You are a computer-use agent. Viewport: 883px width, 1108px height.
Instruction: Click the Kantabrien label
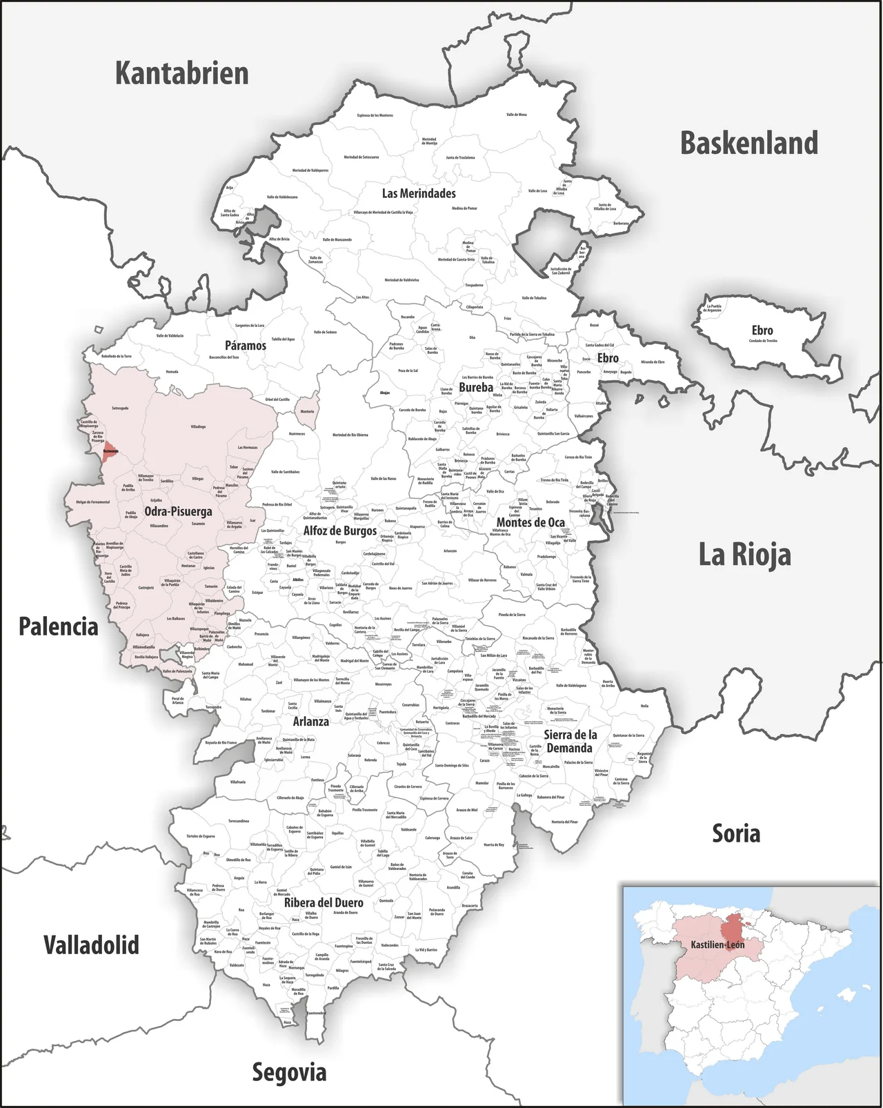pos(181,73)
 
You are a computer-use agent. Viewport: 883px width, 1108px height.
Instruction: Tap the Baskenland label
pos(749,144)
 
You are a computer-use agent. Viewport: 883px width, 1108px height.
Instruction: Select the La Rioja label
pos(744,555)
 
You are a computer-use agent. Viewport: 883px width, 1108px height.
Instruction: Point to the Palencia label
pos(58,626)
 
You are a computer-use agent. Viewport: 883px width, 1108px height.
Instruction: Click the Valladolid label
pos(91,944)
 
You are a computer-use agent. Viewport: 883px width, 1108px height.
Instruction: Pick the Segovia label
pos(289,1071)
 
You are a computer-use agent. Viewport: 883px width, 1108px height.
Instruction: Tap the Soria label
pos(736,833)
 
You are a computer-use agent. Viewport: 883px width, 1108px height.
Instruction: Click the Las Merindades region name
pos(419,193)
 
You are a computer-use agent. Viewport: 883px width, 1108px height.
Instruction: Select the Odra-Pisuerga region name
pos(178,511)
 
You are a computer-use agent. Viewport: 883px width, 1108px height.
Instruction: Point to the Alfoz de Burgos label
pos(340,531)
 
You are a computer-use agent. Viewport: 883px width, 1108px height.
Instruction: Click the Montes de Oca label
pos(530,522)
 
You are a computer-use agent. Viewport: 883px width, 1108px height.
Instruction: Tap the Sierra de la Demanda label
pos(570,741)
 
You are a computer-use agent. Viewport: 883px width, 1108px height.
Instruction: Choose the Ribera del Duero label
pos(324,902)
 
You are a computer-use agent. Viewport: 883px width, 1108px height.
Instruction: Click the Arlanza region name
pos(310,722)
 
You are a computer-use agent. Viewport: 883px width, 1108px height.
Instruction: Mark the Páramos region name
pos(245,346)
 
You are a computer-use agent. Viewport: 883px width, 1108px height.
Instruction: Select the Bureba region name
pos(476,387)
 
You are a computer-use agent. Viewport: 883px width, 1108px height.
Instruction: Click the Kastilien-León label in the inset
pos(717,944)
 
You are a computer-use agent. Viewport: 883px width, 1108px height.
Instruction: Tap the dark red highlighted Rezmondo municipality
pos(110,451)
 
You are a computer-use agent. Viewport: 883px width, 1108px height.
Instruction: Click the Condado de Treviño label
pos(762,341)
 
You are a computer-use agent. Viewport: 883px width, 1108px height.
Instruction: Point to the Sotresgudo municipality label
pos(120,408)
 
